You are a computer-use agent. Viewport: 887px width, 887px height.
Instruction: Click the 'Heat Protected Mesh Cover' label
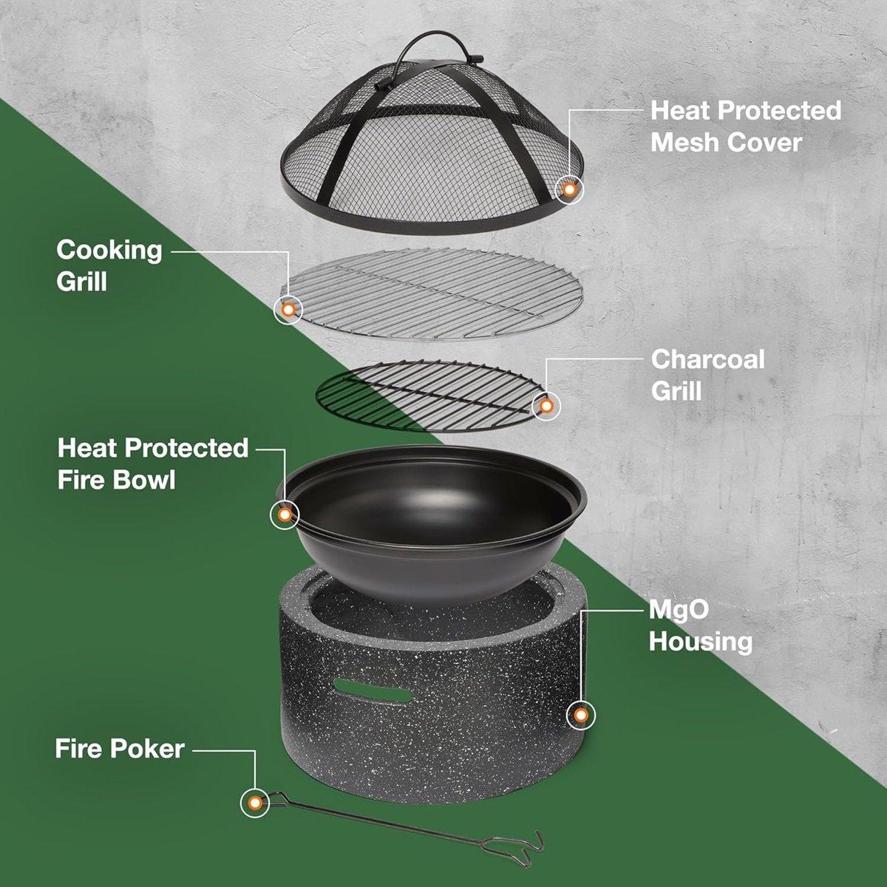[x=745, y=126]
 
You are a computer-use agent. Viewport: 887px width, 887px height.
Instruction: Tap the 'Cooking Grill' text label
[x=109, y=265]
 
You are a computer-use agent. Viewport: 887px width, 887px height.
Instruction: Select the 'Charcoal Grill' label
[x=707, y=374]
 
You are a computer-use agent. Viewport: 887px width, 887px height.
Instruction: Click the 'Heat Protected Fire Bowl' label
[x=153, y=463]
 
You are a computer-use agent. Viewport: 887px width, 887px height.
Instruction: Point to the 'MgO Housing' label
[x=700, y=625]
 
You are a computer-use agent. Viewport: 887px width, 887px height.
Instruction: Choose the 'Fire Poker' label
[x=120, y=749]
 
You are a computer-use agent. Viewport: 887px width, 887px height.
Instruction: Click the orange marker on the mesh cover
[x=569, y=190]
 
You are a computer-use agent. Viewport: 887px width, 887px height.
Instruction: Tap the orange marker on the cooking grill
[x=288, y=308]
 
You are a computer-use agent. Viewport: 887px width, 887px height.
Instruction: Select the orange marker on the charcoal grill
[x=546, y=406]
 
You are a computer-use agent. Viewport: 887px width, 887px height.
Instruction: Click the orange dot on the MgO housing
[x=581, y=715]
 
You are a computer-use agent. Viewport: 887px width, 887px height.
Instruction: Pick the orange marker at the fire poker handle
[x=255, y=802]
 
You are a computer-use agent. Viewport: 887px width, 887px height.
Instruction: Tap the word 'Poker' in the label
[x=149, y=749]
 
